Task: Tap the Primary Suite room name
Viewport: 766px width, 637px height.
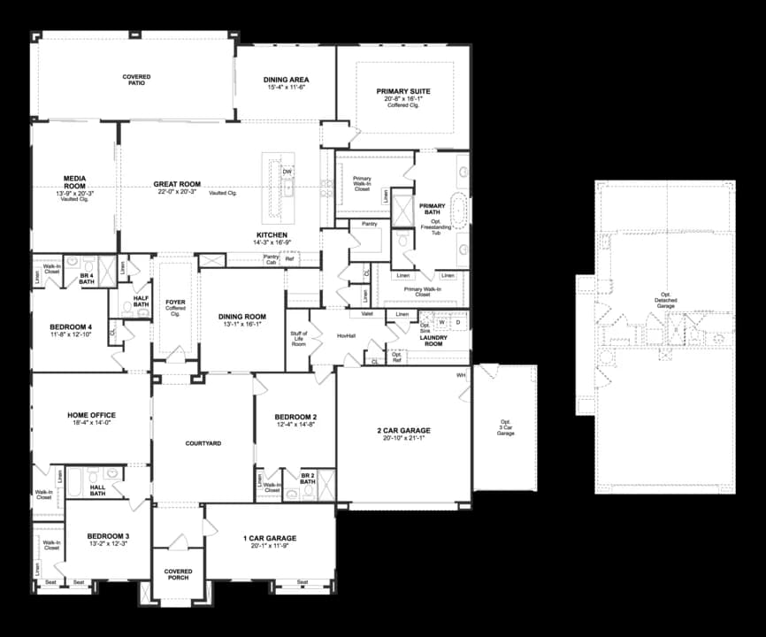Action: [402, 91]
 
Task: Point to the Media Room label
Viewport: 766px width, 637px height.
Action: [74, 180]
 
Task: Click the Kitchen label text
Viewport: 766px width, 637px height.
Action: [272, 234]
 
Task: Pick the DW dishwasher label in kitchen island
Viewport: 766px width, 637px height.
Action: [287, 172]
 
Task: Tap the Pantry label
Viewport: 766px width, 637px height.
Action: [370, 225]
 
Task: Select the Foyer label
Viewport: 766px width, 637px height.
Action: [175, 303]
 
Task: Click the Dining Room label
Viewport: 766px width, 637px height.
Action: [242, 316]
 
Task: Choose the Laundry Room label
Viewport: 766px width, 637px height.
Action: [433, 340]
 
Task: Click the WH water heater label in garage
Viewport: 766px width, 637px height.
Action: [461, 375]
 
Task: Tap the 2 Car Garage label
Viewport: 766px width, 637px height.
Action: [402, 430]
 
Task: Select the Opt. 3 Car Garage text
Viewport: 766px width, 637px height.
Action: [505, 427]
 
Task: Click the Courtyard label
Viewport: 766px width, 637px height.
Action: [203, 442]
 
